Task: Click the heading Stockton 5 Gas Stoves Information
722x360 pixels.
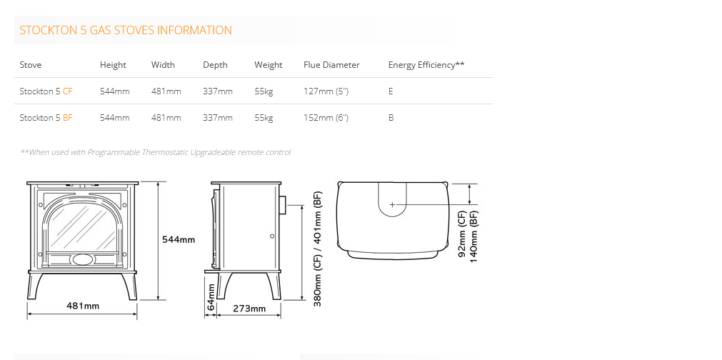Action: coord(126,31)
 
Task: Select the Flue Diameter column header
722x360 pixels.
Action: coord(331,65)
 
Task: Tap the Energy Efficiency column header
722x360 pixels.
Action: coord(426,65)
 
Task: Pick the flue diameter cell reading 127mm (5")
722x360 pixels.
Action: coord(326,91)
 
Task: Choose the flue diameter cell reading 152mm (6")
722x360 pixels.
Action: coord(326,118)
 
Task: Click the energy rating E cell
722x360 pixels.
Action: coord(391,91)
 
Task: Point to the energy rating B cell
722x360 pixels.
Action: coord(391,118)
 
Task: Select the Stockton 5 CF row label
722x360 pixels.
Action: coord(46,91)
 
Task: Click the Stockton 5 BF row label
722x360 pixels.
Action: coord(46,118)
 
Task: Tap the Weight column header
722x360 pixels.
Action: coord(269,65)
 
